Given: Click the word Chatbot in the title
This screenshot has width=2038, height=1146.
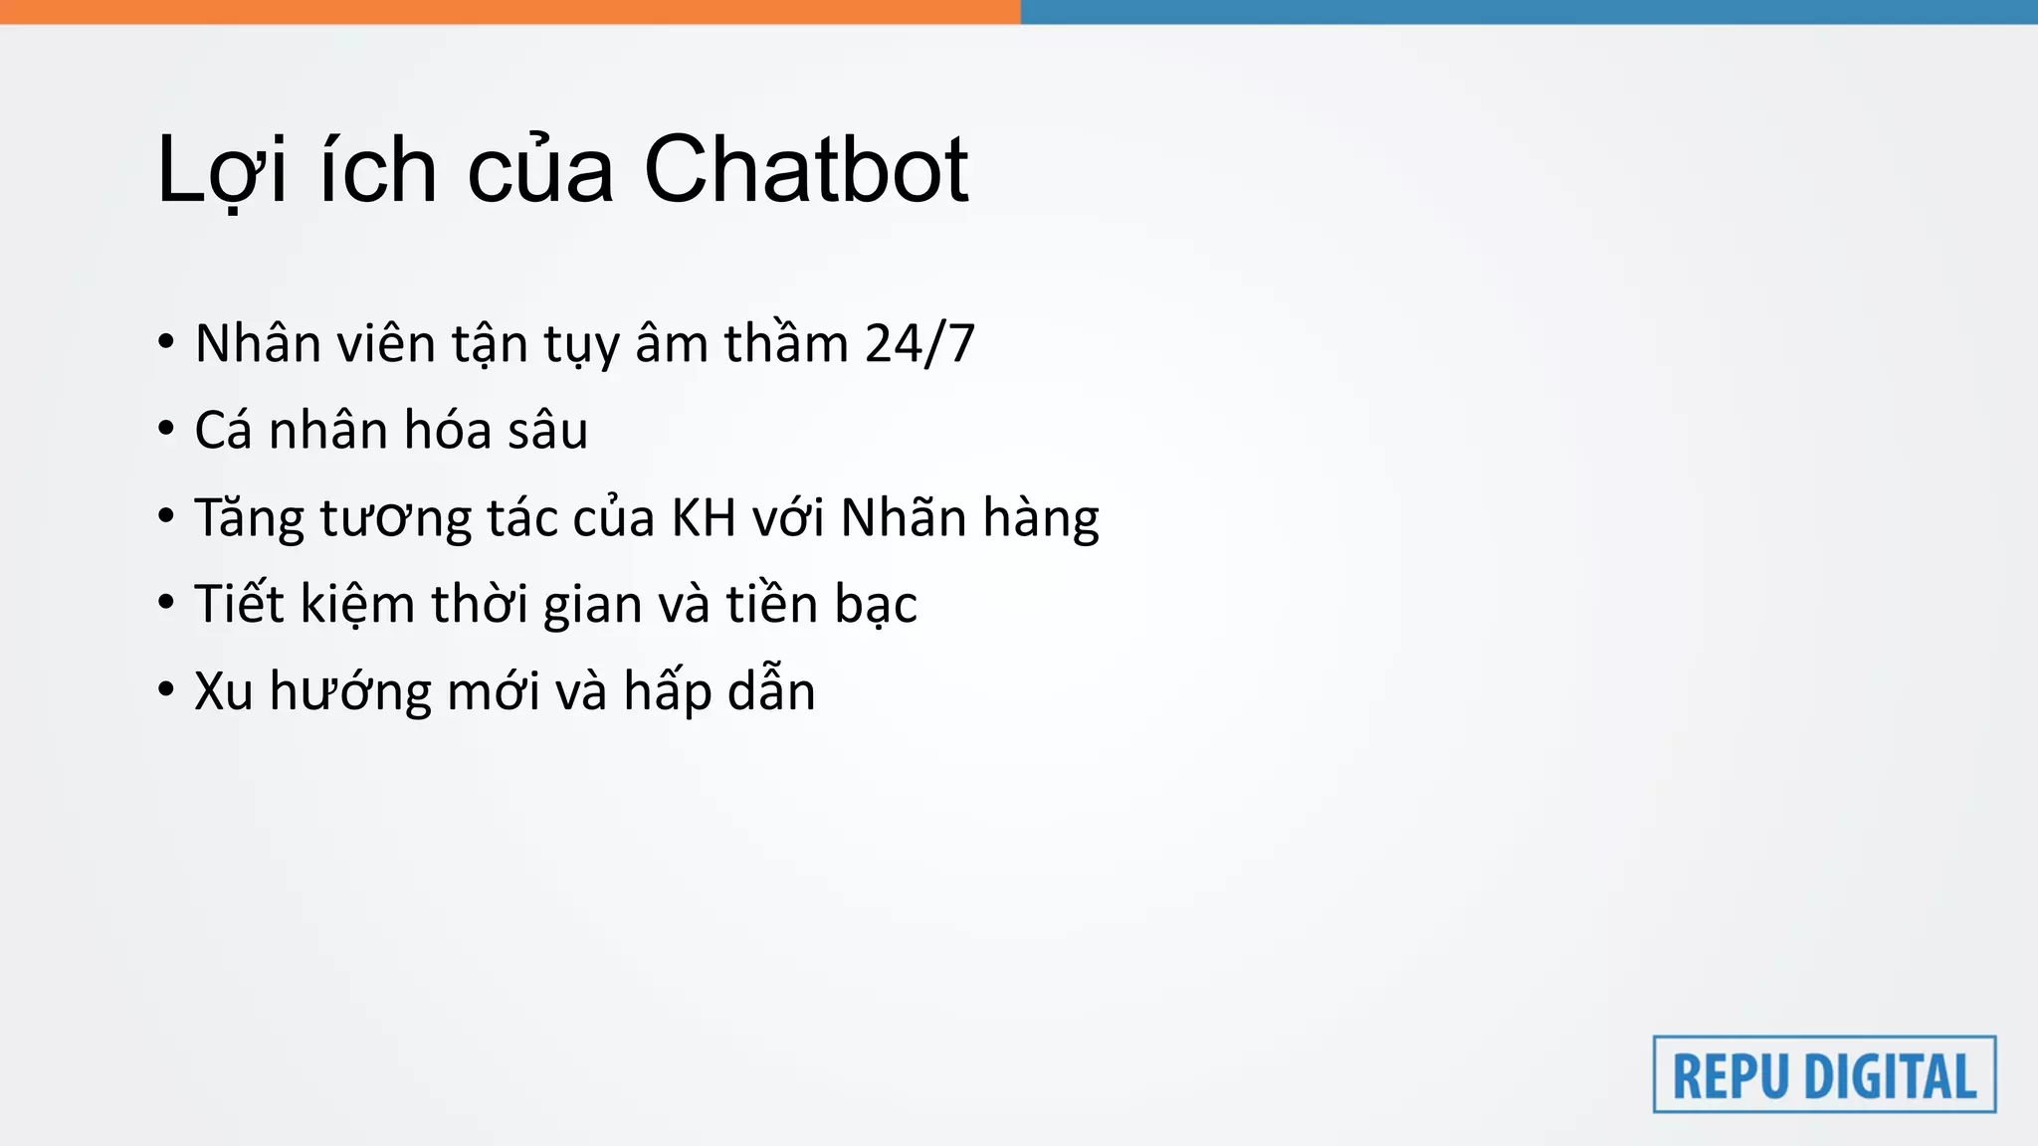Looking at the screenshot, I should [x=806, y=170].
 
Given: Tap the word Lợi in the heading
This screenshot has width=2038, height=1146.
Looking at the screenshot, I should [x=222, y=170].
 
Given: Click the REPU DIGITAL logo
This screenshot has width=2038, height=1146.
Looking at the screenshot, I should [x=1824, y=1074].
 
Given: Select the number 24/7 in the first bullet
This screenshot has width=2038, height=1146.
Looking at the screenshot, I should [x=919, y=344].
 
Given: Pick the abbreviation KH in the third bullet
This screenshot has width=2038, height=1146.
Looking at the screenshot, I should [x=704, y=517].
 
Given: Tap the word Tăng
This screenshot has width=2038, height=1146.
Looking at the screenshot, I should [x=249, y=519].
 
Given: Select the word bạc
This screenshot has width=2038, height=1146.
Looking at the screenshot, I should [x=876, y=605].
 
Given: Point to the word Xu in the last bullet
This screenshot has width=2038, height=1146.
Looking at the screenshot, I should [x=223, y=691].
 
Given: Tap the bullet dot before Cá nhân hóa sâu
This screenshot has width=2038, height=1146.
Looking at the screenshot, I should [x=166, y=430].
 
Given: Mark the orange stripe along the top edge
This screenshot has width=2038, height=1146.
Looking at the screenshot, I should [x=509, y=11].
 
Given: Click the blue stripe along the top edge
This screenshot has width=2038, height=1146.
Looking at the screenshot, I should [x=1528, y=11].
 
